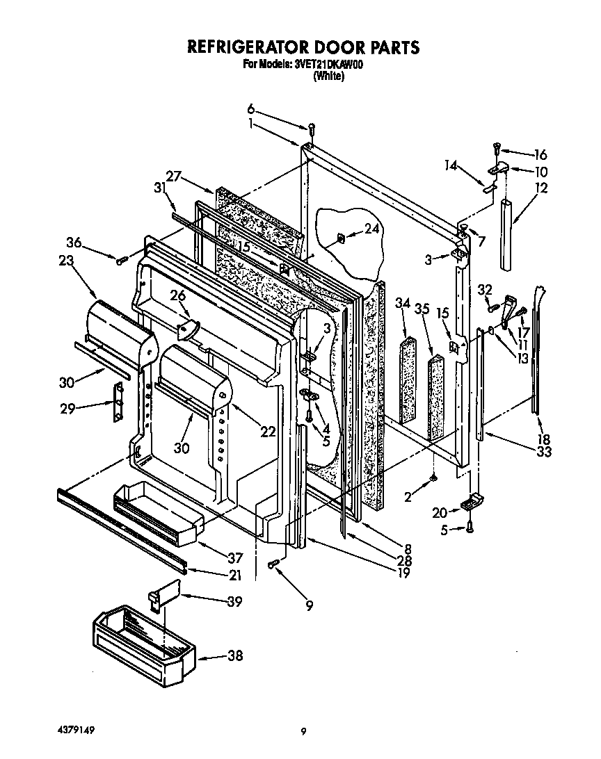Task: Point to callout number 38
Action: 235,655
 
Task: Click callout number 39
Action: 234,601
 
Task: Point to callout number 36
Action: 74,243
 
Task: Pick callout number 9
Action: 309,605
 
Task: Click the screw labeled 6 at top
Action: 312,128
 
